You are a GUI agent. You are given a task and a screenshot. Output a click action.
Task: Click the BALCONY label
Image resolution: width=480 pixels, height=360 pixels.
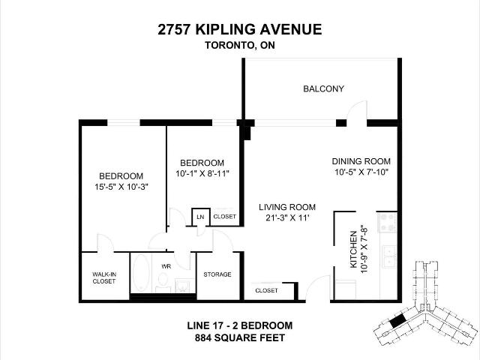click(323, 88)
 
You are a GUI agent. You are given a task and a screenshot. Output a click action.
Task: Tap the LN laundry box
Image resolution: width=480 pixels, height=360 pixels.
click(201, 217)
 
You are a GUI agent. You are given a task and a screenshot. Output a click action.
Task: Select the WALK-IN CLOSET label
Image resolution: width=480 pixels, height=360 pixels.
click(104, 277)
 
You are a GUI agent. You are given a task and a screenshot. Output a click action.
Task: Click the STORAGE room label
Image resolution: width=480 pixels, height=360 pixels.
click(217, 274)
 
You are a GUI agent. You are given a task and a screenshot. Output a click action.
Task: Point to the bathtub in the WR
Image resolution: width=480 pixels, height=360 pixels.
click(141, 273)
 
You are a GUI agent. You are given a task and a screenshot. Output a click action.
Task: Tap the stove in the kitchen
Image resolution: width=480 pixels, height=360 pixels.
click(388, 222)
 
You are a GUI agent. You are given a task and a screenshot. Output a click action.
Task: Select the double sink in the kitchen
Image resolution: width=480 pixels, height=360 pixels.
click(389, 256)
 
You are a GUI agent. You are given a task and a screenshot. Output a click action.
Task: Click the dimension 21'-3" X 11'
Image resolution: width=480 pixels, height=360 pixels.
click(287, 218)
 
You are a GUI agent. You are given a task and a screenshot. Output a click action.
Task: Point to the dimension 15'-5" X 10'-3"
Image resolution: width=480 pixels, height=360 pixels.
click(121, 187)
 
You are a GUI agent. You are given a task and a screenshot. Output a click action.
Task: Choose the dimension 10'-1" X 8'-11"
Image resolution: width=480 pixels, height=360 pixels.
click(202, 173)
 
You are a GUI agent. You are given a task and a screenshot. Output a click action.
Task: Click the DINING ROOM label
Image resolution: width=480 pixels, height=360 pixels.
click(361, 161)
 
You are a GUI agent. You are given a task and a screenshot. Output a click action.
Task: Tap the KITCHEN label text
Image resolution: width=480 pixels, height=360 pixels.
click(353, 250)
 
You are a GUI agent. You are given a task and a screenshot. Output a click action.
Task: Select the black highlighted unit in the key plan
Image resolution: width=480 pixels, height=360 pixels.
click(397, 322)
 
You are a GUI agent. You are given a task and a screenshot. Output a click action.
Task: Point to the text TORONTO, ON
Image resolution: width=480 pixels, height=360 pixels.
click(240, 45)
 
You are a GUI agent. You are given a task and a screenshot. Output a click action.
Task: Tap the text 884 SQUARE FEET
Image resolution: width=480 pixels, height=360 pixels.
click(240, 338)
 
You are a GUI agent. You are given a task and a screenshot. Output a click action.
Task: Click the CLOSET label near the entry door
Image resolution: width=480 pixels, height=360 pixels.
click(266, 290)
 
